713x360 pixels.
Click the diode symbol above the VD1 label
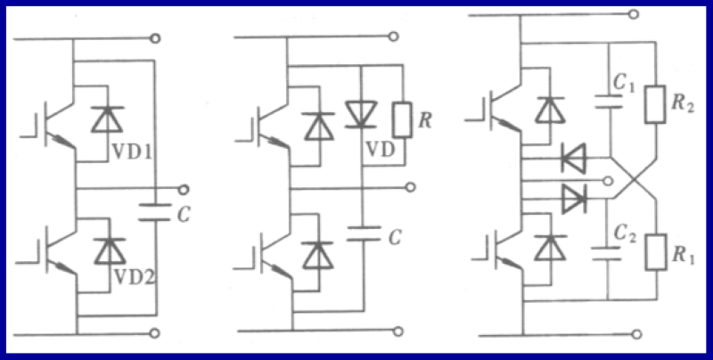coord(108,119)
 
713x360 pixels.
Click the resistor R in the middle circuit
coord(400,118)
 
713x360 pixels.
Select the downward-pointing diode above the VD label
coord(360,113)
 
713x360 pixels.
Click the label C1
coord(624,85)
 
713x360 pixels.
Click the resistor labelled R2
coord(656,105)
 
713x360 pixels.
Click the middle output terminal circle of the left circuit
coord(183,189)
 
